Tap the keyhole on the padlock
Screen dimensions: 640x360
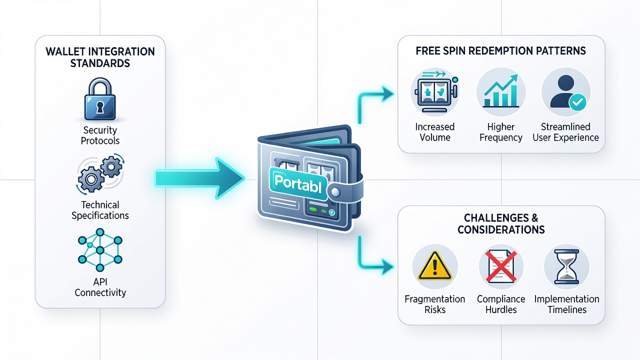(100, 107)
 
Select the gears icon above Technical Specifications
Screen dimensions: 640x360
(100, 173)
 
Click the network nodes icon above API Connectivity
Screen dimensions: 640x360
(100, 249)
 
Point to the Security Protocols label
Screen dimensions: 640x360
(100, 135)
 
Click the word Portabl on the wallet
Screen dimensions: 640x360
(297, 183)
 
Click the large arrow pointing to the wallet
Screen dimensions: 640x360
(199, 178)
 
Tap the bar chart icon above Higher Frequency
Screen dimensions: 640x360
(501, 91)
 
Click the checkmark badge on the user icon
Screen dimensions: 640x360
(577, 102)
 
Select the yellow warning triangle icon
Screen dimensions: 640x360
(435, 265)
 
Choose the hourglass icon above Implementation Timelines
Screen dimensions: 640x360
(566, 266)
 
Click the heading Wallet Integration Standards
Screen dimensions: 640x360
(100, 57)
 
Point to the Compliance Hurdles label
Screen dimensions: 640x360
(501, 304)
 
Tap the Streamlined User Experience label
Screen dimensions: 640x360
(565, 132)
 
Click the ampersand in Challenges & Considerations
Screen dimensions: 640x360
(535, 218)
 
